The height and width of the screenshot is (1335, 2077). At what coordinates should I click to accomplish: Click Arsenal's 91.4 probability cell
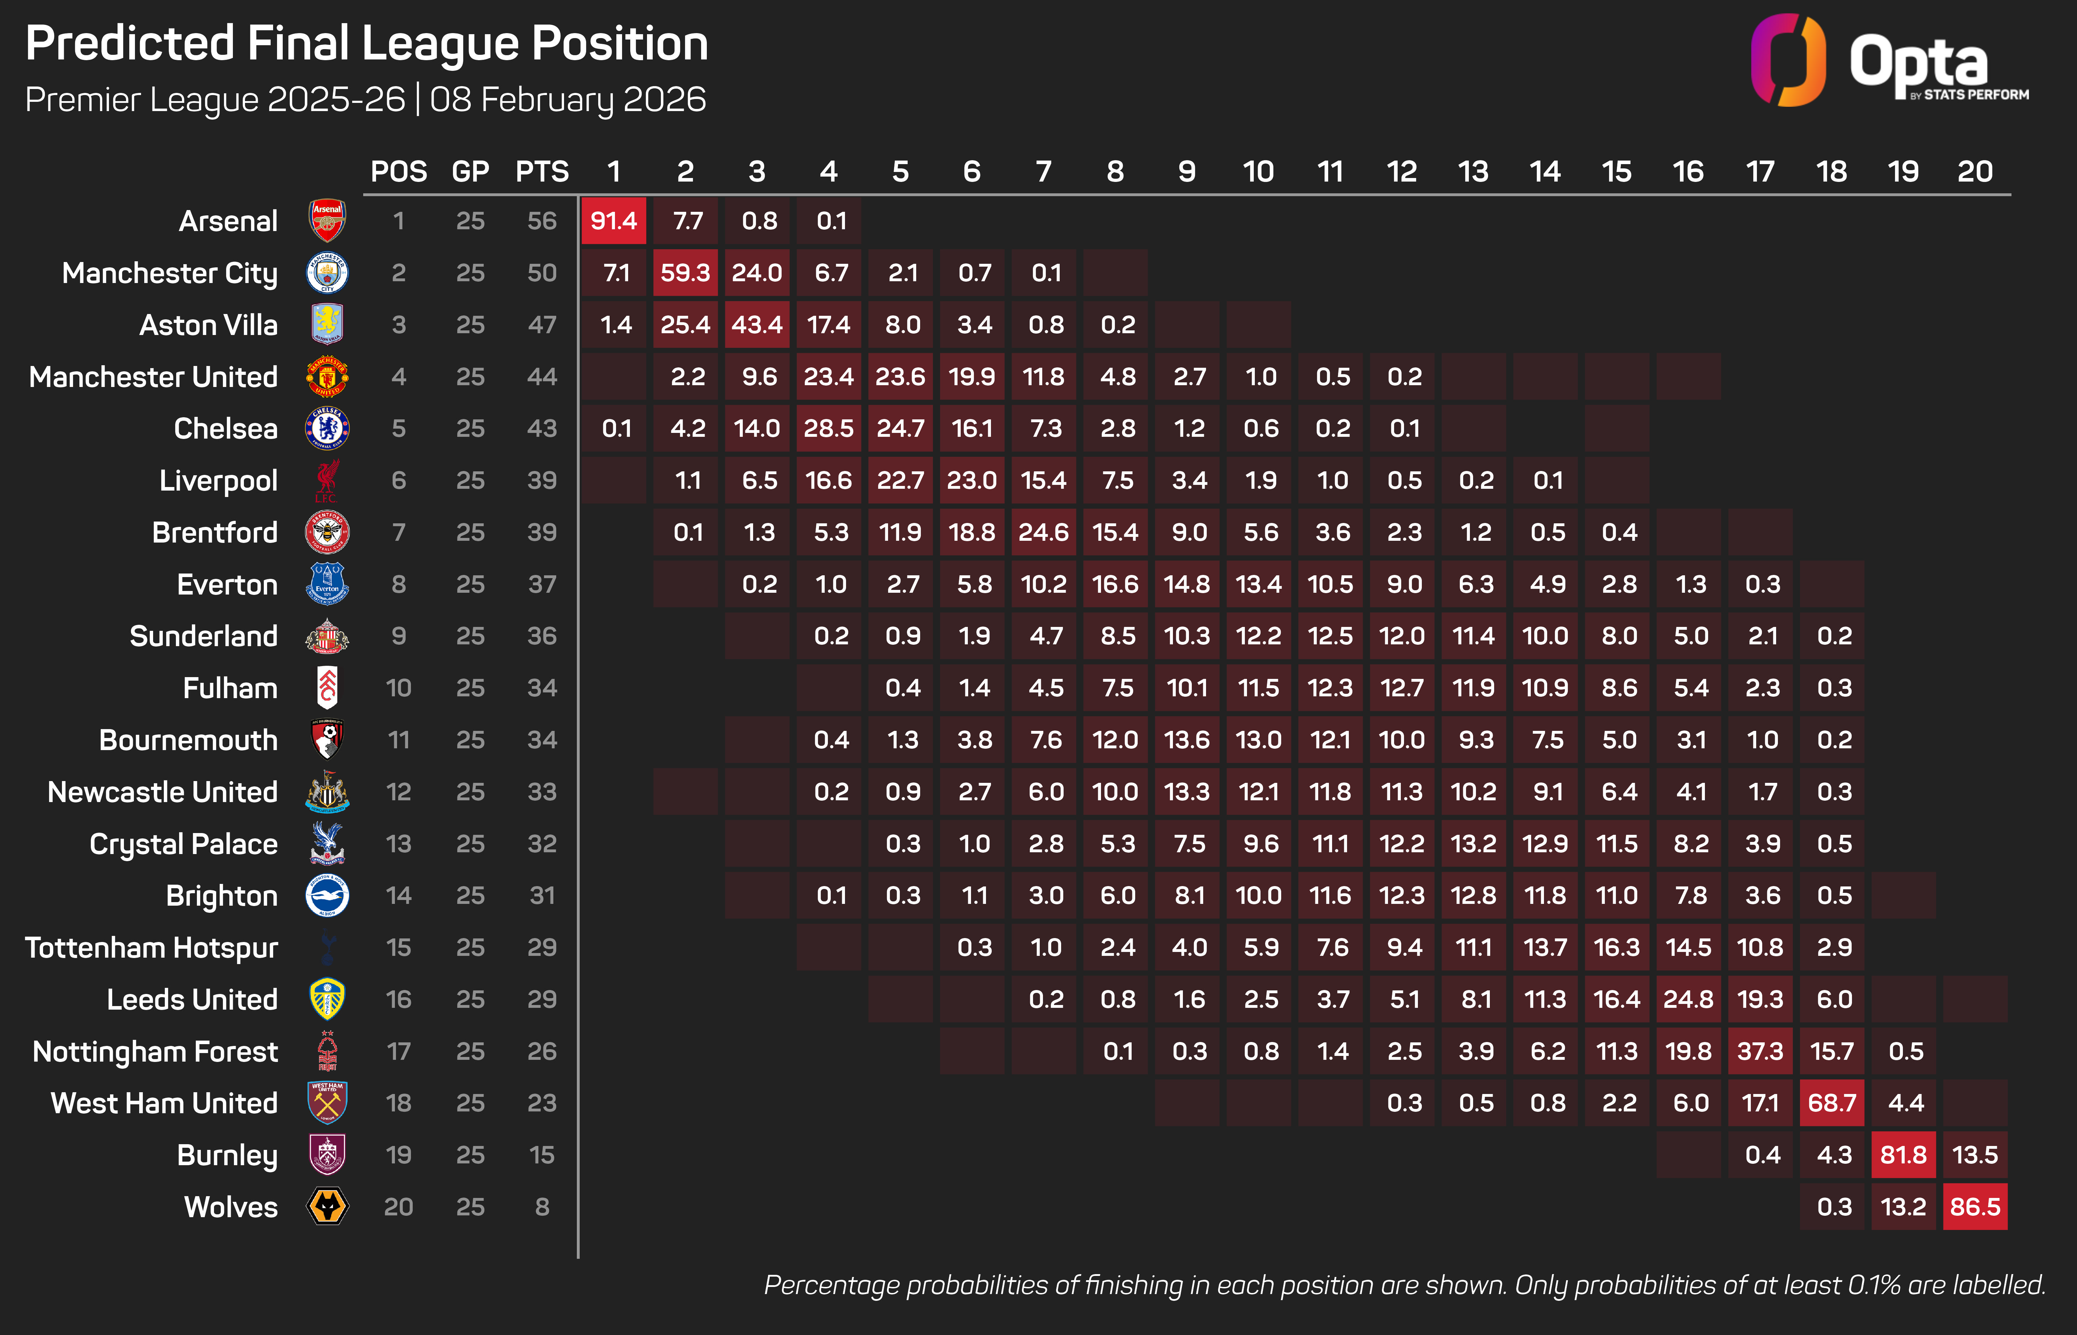pyautogui.click(x=614, y=221)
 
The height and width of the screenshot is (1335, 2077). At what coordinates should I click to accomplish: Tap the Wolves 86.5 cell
pyautogui.click(x=1975, y=1207)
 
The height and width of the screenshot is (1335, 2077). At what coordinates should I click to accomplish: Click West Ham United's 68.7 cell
pyautogui.click(x=1832, y=1103)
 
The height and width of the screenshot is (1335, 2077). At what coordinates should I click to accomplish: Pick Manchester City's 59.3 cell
pyautogui.click(x=685, y=273)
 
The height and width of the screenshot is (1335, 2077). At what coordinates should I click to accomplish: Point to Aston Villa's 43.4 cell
pyautogui.click(x=757, y=325)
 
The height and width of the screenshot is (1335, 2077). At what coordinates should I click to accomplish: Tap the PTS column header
pyautogui.click(x=542, y=172)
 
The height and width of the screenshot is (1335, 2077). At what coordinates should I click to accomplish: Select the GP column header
pyautogui.click(x=470, y=172)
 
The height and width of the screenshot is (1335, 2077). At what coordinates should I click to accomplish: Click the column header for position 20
pyautogui.click(x=1975, y=172)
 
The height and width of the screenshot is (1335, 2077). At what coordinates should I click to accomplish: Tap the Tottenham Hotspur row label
pyautogui.click(x=152, y=948)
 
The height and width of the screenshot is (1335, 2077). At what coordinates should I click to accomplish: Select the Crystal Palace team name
pyautogui.click(x=184, y=843)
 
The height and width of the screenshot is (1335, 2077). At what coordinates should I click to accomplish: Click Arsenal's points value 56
pyautogui.click(x=542, y=221)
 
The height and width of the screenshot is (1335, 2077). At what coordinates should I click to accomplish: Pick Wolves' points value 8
pyautogui.click(x=542, y=1207)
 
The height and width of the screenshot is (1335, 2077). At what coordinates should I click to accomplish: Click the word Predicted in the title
pyautogui.click(x=130, y=43)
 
